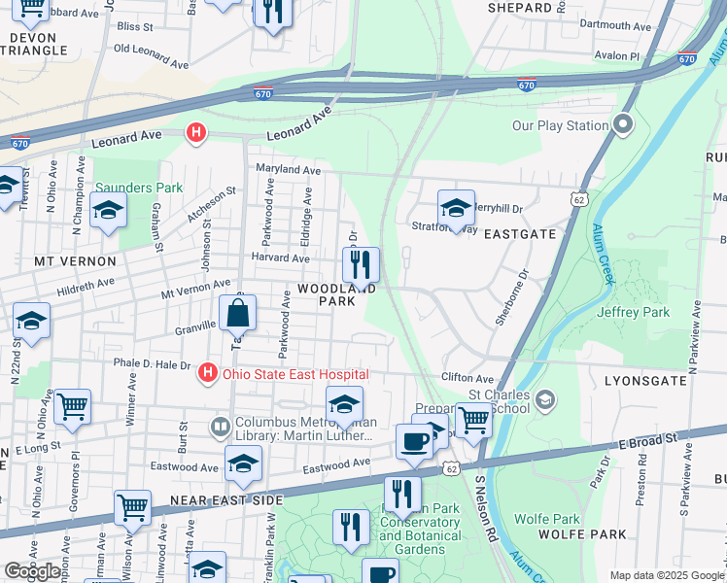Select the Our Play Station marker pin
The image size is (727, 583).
(623, 124)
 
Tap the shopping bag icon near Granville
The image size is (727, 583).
(237, 314)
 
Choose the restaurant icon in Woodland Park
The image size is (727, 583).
(361, 263)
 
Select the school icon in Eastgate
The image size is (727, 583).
(455, 208)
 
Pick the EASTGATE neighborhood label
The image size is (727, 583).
(520, 234)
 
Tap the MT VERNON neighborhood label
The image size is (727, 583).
(75, 261)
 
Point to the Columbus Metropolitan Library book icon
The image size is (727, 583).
(221, 427)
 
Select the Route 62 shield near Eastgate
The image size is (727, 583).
(580, 199)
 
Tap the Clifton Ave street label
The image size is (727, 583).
(468, 378)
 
